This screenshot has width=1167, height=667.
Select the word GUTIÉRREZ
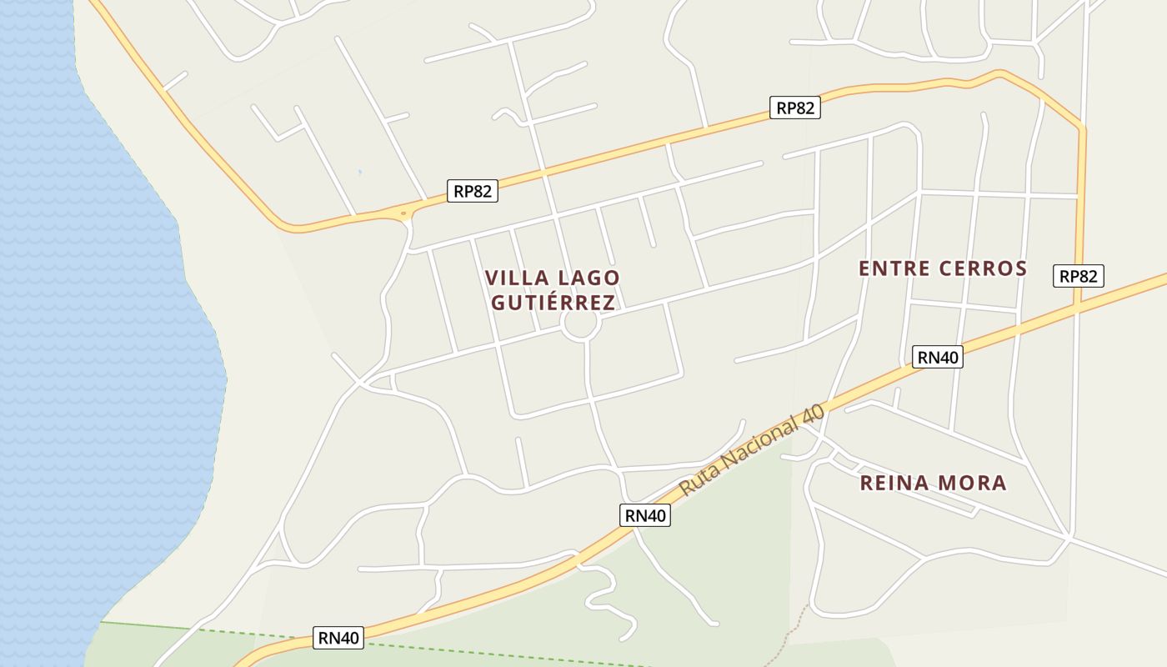pyautogui.click(x=553, y=302)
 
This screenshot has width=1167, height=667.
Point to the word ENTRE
pyautogui.click(x=894, y=268)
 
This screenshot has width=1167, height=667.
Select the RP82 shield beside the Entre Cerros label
pyautogui.click(x=1079, y=276)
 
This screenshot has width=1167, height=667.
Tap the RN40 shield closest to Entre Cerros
pyautogui.click(x=938, y=357)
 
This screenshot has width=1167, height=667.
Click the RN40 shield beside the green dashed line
pyautogui.click(x=338, y=638)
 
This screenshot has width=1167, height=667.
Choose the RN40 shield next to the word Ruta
pyautogui.click(x=645, y=515)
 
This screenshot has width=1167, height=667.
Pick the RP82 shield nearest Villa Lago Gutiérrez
pyautogui.click(x=473, y=191)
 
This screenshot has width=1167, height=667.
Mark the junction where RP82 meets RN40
pyautogui.click(x=1078, y=308)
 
